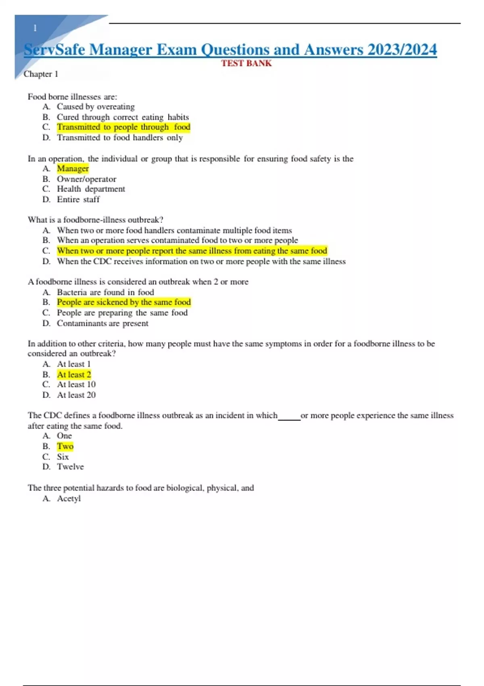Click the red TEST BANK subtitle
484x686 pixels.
246,63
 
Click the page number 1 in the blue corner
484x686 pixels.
35,28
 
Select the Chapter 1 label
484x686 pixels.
41,74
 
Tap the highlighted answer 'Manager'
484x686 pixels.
73,169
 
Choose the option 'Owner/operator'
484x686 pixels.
86,179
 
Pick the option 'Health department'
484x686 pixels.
91,189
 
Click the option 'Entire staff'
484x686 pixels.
78,199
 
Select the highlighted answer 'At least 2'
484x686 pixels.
74,374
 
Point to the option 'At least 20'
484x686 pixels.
76,395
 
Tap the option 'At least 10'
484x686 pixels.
76,385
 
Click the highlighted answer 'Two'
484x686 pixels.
65,446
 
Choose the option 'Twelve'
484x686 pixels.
70,467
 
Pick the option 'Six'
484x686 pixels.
63,457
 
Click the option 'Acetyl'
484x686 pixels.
69,499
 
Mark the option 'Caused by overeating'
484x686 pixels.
96,107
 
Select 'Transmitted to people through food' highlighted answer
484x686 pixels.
123,127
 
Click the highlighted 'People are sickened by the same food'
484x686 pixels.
123,302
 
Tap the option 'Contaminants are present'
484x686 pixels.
102,323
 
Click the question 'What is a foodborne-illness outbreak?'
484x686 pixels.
95,220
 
